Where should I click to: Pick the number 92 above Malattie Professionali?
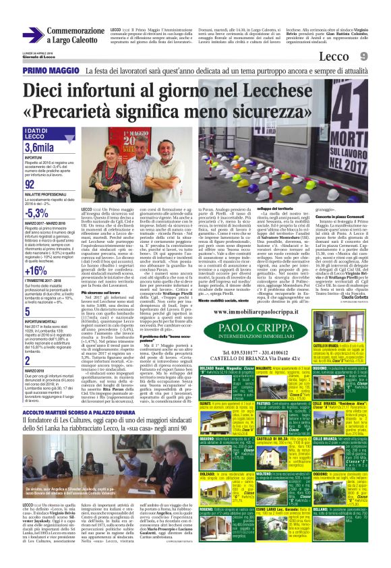point(30,184)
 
